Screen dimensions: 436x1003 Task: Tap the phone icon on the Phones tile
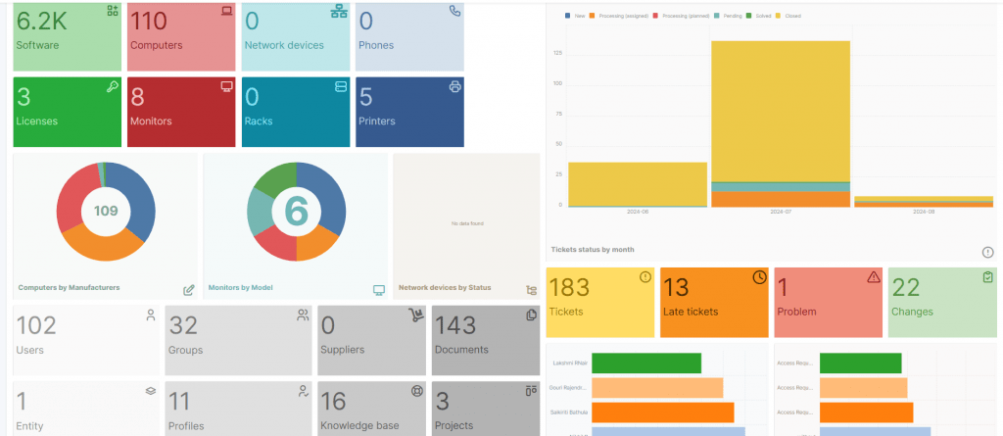tap(454, 12)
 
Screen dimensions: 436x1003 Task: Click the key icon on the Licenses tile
tap(113, 87)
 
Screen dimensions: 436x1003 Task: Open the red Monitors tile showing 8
tap(180, 111)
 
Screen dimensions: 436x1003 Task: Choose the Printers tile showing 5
tap(409, 111)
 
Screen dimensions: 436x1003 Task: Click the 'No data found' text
tap(466, 224)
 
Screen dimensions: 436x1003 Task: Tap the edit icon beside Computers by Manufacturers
tap(188, 290)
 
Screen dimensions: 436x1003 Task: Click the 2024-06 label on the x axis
tap(637, 212)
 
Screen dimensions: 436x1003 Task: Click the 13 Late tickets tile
tap(714, 301)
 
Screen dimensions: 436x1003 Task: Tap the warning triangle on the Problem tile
tap(874, 277)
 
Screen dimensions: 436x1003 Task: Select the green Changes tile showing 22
tap(943, 301)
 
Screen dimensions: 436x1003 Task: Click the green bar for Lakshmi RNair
tap(646, 363)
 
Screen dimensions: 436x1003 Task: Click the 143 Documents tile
tap(486, 339)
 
